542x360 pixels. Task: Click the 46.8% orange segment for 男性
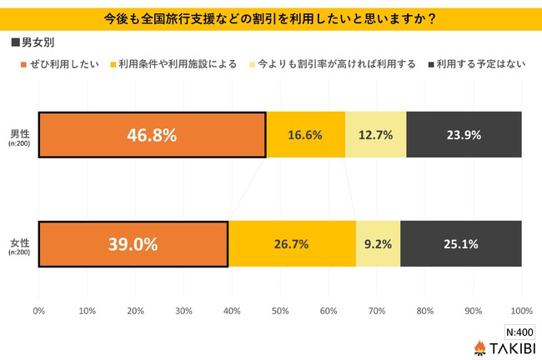click(152, 134)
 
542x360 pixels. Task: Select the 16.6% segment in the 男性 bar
click(305, 134)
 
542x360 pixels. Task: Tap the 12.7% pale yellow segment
click(375, 134)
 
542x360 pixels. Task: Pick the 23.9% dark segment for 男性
click(464, 134)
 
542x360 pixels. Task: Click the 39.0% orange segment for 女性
click(133, 243)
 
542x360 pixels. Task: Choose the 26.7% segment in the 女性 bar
click(292, 243)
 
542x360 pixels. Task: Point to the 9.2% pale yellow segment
click(378, 243)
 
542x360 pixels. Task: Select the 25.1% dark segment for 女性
click(461, 243)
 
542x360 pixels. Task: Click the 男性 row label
click(19, 132)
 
